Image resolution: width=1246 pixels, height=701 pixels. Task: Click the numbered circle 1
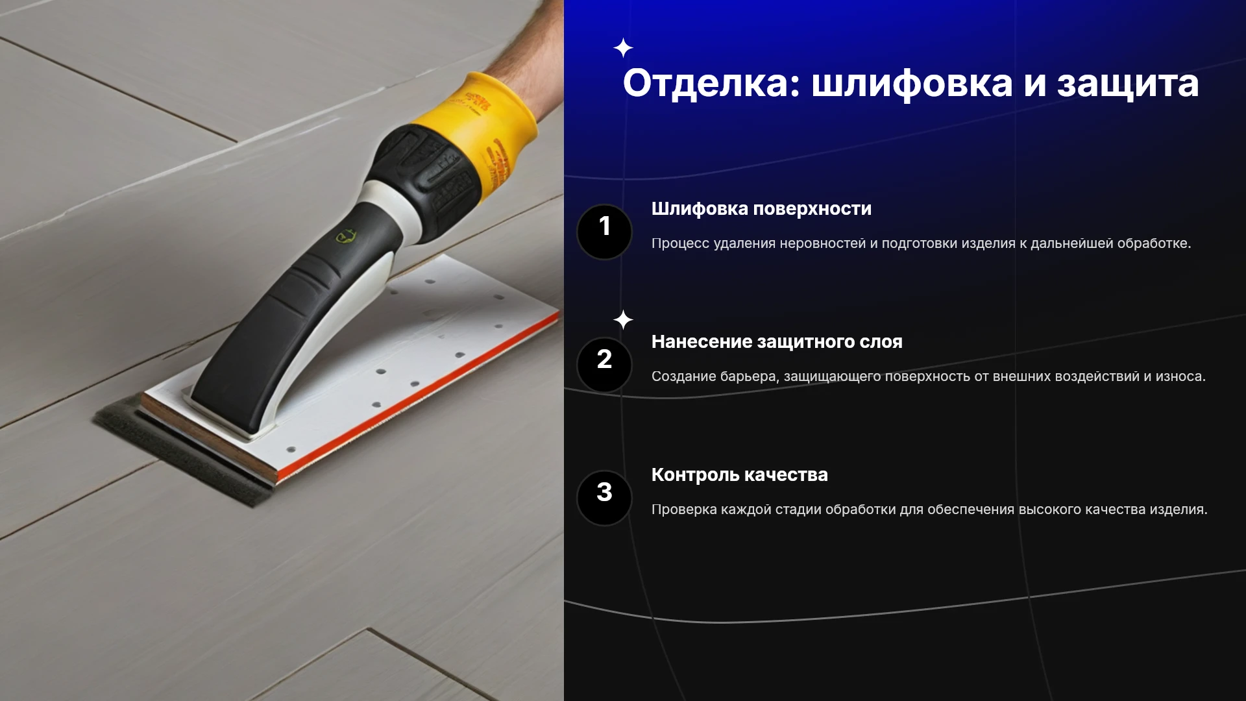click(x=604, y=232)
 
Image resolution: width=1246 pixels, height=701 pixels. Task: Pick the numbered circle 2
click(x=604, y=365)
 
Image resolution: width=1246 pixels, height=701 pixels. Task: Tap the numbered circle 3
click(x=604, y=498)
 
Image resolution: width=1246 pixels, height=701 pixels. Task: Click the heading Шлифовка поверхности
click(x=761, y=209)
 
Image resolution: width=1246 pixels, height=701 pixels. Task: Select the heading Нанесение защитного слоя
click(x=777, y=342)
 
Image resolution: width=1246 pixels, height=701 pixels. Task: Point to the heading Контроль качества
click(x=740, y=475)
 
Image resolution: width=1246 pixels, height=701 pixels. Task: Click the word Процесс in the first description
click(x=680, y=244)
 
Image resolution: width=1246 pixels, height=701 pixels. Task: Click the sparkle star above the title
click(x=623, y=48)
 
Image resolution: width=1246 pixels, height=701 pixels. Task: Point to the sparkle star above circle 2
click(x=623, y=319)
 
